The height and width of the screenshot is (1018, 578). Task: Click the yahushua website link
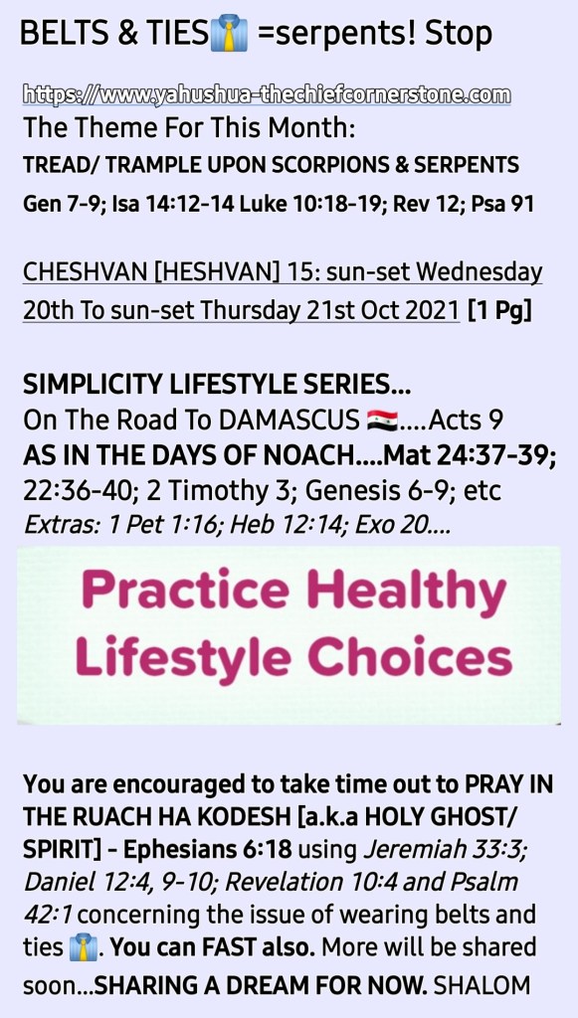267,94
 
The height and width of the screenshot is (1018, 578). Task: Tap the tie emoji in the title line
229,34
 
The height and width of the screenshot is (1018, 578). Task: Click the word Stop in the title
459,34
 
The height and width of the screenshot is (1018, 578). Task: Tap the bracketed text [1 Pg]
499,311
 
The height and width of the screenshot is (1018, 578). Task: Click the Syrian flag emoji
382,421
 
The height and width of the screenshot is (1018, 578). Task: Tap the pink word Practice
185,590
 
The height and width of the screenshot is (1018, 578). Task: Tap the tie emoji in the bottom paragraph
84,947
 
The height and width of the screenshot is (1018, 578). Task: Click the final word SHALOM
482,985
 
